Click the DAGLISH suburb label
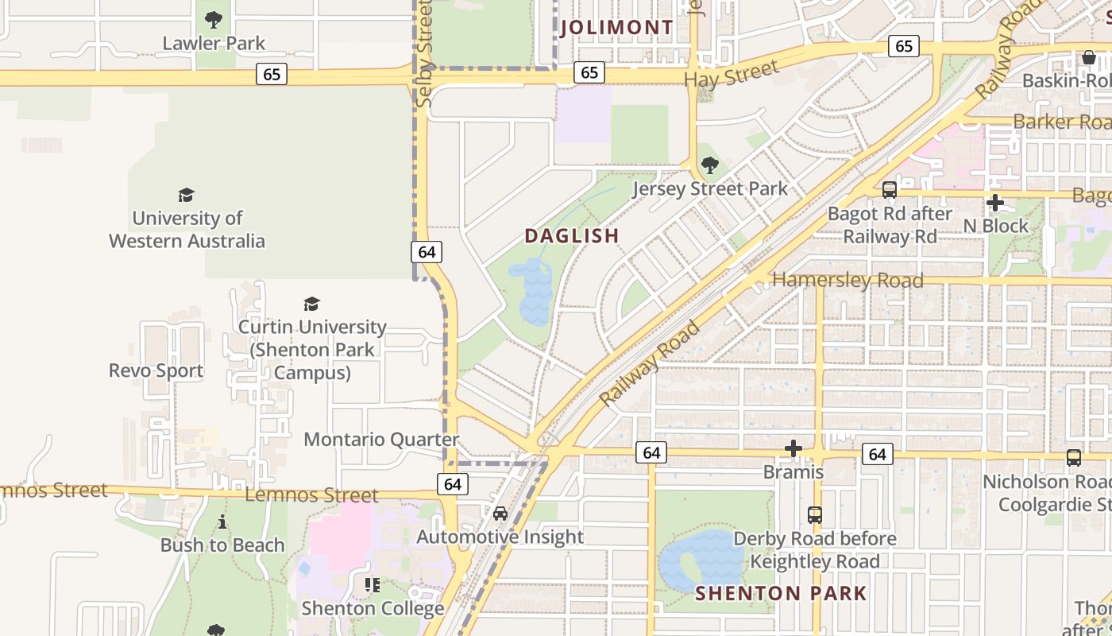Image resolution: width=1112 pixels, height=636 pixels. pyautogui.click(x=571, y=236)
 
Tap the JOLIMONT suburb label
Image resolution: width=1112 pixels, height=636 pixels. pyautogui.click(x=616, y=28)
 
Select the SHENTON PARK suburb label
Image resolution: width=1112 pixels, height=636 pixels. pyautogui.click(x=781, y=593)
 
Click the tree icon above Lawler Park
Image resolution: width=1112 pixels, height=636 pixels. pyautogui.click(x=213, y=20)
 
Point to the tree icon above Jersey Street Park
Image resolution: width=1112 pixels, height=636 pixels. pyautogui.click(x=710, y=165)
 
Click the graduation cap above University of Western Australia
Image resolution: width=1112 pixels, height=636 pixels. pyautogui.click(x=187, y=195)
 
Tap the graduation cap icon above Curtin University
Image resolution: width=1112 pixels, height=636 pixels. pyautogui.click(x=311, y=304)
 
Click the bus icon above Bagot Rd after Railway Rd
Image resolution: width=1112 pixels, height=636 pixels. pyautogui.click(x=890, y=190)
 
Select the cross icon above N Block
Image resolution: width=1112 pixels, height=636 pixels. pyautogui.click(x=994, y=203)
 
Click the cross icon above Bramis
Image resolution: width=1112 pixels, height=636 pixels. pyautogui.click(x=793, y=449)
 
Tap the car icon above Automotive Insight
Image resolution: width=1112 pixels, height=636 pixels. pyautogui.click(x=500, y=514)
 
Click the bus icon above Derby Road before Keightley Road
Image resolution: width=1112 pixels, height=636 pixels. pyautogui.click(x=815, y=514)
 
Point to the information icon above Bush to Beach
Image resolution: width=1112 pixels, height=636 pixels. pyautogui.click(x=222, y=522)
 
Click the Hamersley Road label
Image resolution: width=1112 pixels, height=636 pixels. pyautogui.click(x=848, y=281)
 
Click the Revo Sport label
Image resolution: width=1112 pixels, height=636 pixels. pyautogui.click(x=156, y=370)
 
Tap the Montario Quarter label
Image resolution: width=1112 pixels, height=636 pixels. pyautogui.click(x=381, y=440)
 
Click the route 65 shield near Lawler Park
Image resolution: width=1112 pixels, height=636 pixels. pyautogui.click(x=272, y=74)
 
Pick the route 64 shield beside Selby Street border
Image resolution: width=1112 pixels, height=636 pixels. pyautogui.click(x=427, y=252)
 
